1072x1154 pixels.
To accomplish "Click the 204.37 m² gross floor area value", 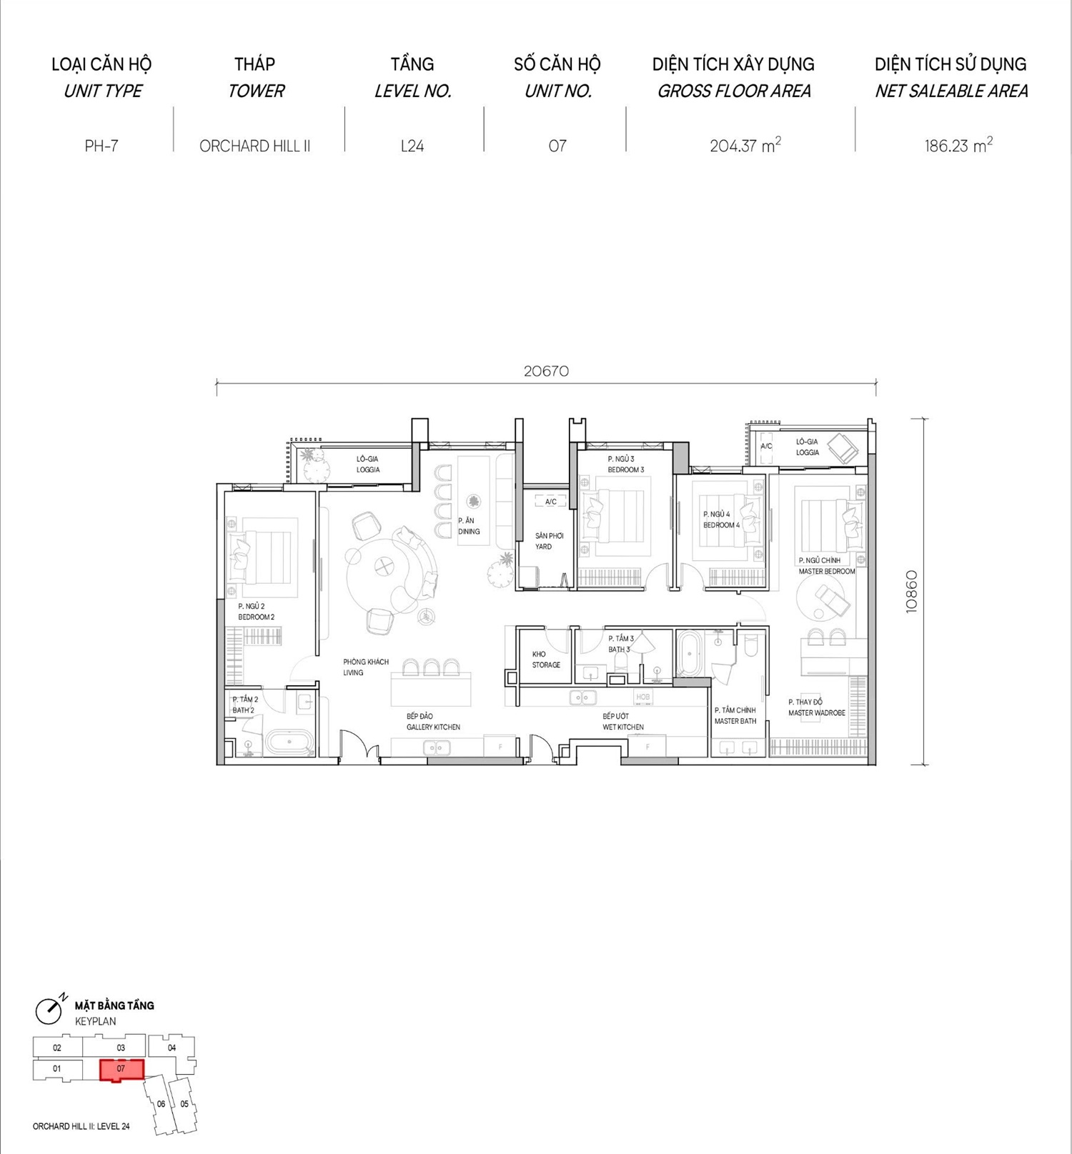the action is pyautogui.click(x=745, y=145).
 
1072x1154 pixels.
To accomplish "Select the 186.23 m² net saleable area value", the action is pyautogui.click(x=958, y=145).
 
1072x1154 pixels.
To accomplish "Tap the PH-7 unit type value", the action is pyautogui.click(x=101, y=146).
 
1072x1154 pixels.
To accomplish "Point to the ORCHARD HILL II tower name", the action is pyautogui.click(x=254, y=146).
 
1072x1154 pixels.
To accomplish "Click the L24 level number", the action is pyautogui.click(x=412, y=146).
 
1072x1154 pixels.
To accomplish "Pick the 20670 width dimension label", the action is pyautogui.click(x=546, y=371).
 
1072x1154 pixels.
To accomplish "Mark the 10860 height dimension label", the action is pyautogui.click(x=911, y=592).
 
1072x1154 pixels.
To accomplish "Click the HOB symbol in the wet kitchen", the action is pyautogui.click(x=643, y=697).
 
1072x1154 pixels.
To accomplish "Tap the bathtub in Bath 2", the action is pyautogui.click(x=289, y=742).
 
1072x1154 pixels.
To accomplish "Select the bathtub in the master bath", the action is pyautogui.click(x=690, y=653).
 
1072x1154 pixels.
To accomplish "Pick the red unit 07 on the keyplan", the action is pyautogui.click(x=121, y=1070).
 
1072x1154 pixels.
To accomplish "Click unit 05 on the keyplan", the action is pyautogui.click(x=184, y=1104).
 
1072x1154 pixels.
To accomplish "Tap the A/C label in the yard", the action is pyautogui.click(x=550, y=502).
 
